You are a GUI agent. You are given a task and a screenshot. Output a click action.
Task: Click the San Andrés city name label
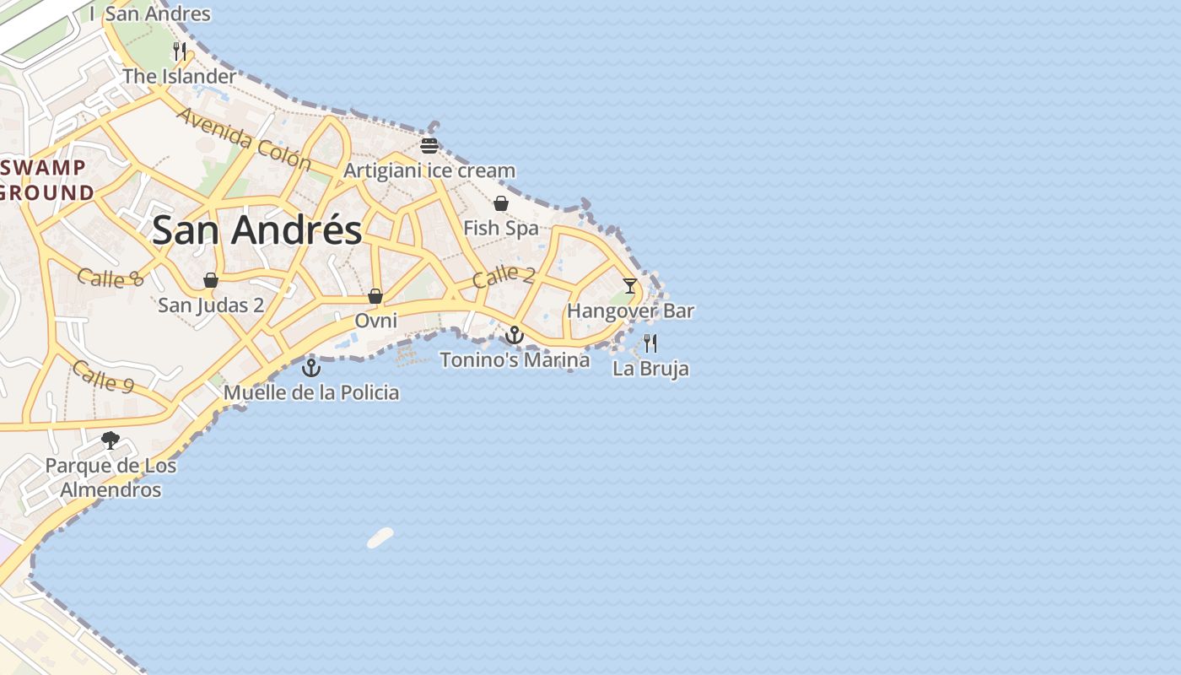tap(256, 230)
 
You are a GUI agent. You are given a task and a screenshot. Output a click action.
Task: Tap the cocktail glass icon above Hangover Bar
tap(630, 285)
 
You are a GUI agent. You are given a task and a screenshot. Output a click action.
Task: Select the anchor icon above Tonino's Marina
tap(514, 335)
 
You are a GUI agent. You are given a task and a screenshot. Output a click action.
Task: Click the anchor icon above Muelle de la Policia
tap(311, 368)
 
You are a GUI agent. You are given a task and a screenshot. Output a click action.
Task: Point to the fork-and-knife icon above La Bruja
tap(650, 343)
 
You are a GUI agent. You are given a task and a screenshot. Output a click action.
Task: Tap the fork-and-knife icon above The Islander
tap(179, 51)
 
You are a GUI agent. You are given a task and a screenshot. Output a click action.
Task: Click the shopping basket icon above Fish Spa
tap(501, 203)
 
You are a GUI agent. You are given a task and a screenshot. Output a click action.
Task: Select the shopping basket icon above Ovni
tap(375, 296)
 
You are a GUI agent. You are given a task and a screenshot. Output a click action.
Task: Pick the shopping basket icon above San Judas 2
tap(211, 280)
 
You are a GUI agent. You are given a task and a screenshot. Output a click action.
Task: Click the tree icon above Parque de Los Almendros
tap(110, 440)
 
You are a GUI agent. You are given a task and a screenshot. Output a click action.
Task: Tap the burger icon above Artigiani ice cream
tap(429, 145)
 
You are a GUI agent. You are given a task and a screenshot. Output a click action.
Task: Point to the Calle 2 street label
tap(504, 276)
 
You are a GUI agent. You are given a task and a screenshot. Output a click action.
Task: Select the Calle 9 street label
tap(103, 376)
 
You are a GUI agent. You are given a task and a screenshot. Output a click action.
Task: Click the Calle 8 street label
tap(111, 277)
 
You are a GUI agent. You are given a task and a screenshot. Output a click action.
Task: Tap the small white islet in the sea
tap(380, 537)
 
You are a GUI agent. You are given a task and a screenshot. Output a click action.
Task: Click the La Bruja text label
tap(650, 369)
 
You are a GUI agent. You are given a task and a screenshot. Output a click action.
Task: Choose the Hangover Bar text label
tap(630, 310)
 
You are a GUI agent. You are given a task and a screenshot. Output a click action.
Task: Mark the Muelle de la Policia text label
tap(311, 392)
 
